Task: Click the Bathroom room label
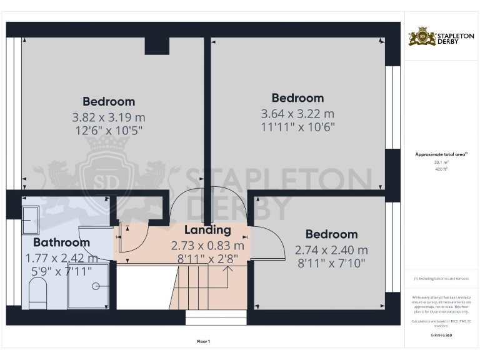click(61, 242)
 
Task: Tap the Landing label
click(207, 230)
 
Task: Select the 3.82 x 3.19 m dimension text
click(109, 117)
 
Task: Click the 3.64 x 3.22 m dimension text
click(297, 114)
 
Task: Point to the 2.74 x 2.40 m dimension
click(331, 250)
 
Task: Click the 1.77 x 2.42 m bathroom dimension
click(61, 257)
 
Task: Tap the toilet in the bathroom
click(38, 293)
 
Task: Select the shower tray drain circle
click(96, 286)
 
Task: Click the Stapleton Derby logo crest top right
click(422, 37)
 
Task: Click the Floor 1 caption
click(203, 341)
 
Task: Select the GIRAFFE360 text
click(441, 336)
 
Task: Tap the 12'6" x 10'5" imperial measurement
click(109, 131)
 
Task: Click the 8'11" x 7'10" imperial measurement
click(331, 263)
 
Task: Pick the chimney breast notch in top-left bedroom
click(157, 46)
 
